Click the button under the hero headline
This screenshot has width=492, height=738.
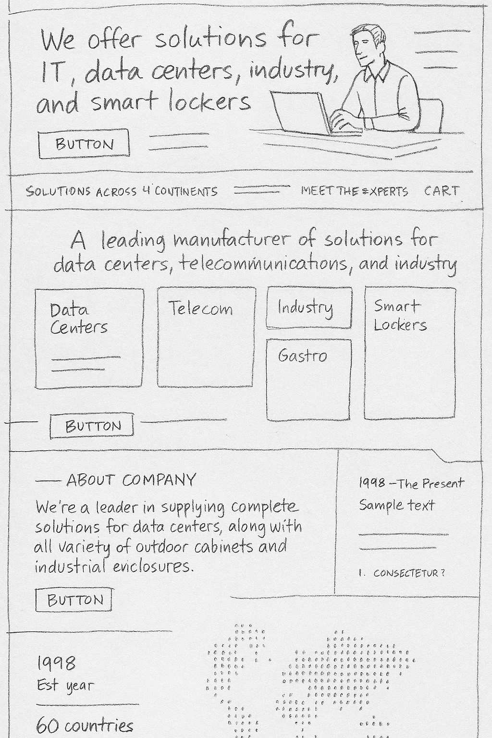(84, 144)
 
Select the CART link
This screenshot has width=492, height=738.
(441, 191)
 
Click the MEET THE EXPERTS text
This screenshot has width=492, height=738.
(355, 191)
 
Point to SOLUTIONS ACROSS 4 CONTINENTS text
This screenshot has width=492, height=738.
(122, 191)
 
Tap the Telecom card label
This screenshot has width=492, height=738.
(201, 308)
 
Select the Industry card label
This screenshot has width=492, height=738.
(305, 307)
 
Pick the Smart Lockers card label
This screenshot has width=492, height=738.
(400, 315)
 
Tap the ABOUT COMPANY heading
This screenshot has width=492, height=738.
(131, 480)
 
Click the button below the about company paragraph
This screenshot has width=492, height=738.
(74, 600)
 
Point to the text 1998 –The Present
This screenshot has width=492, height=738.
(411, 483)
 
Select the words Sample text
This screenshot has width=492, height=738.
(397, 505)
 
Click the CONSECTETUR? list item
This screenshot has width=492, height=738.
(408, 573)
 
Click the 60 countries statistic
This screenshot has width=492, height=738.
(85, 725)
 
